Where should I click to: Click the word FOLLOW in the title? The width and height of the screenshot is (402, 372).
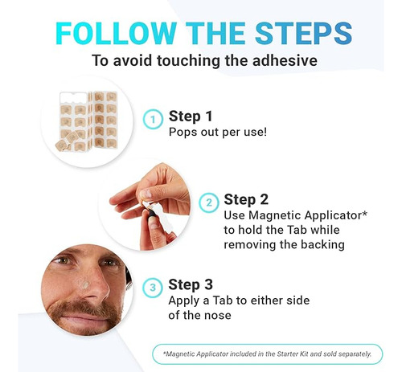point(116,33)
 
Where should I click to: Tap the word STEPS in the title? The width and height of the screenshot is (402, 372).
point(303,33)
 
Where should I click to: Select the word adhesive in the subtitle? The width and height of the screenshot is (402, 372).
point(285,60)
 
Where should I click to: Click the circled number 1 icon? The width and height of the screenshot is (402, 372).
point(153,120)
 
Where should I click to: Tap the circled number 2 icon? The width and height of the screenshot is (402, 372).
point(209,202)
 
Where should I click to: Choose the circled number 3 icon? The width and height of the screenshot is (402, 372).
point(153,288)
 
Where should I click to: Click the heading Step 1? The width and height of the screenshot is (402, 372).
point(191,117)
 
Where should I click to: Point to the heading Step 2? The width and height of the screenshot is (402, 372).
point(246,200)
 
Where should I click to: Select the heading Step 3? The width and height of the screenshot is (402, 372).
point(191,284)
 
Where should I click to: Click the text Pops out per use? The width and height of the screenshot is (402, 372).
point(218,132)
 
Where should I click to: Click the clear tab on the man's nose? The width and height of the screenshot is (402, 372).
point(85,284)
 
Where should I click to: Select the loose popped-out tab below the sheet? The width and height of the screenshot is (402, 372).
point(63,145)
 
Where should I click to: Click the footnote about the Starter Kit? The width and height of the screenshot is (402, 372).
point(268,354)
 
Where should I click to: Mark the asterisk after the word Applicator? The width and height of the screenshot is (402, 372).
point(364,214)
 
